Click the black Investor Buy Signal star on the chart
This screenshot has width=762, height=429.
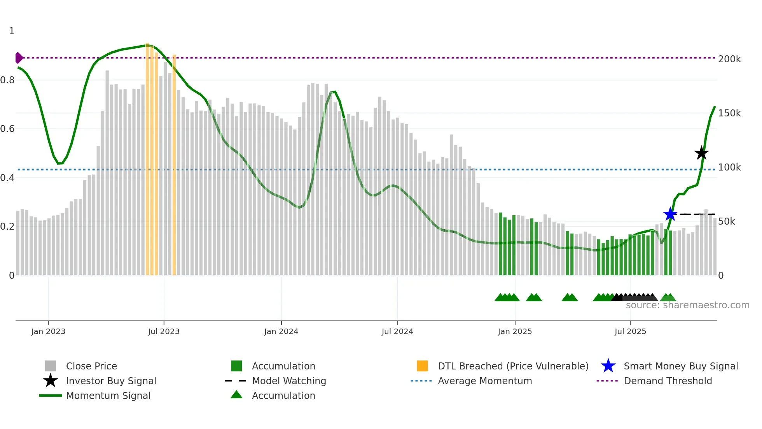(x=701, y=153)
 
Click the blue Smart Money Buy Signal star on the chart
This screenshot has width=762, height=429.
(x=670, y=214)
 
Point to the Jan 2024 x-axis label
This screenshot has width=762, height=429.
(x=281, y=331)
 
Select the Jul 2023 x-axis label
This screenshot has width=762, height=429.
(x=164, y=331)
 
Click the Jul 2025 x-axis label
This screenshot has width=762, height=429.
(x=630, y=331)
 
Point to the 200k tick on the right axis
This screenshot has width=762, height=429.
(x=729, y=59)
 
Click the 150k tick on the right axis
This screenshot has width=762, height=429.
(x=729, y=113)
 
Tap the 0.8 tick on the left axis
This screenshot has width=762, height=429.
(x=7, y=80)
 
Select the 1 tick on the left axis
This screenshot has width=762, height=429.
(x=12, y=31)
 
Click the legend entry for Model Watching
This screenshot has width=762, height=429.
(x=289, y=381)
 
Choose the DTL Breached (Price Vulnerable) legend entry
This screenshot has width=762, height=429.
(x=513, y=366)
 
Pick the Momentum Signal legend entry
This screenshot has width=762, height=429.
(x=108, y=396)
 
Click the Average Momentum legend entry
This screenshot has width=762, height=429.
(x=485, y=381)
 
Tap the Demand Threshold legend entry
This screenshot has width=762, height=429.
(x=668, y=381)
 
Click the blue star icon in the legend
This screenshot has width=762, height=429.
(x=608, y=366)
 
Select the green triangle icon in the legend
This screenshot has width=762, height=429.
(x=236, y=395)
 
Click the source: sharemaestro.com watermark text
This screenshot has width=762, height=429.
(x=687, y=305)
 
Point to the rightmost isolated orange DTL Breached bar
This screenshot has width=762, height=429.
(x=174, y=164)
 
